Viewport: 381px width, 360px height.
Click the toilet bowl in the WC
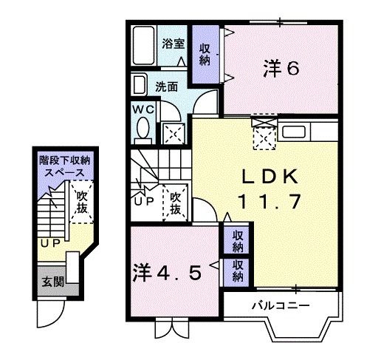(143, 132)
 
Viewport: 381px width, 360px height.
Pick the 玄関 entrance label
(52, 282)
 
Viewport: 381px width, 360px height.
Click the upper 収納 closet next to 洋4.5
(238, 240)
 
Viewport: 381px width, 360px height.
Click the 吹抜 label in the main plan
(176, 203)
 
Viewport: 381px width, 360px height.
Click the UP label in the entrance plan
(49, 242)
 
